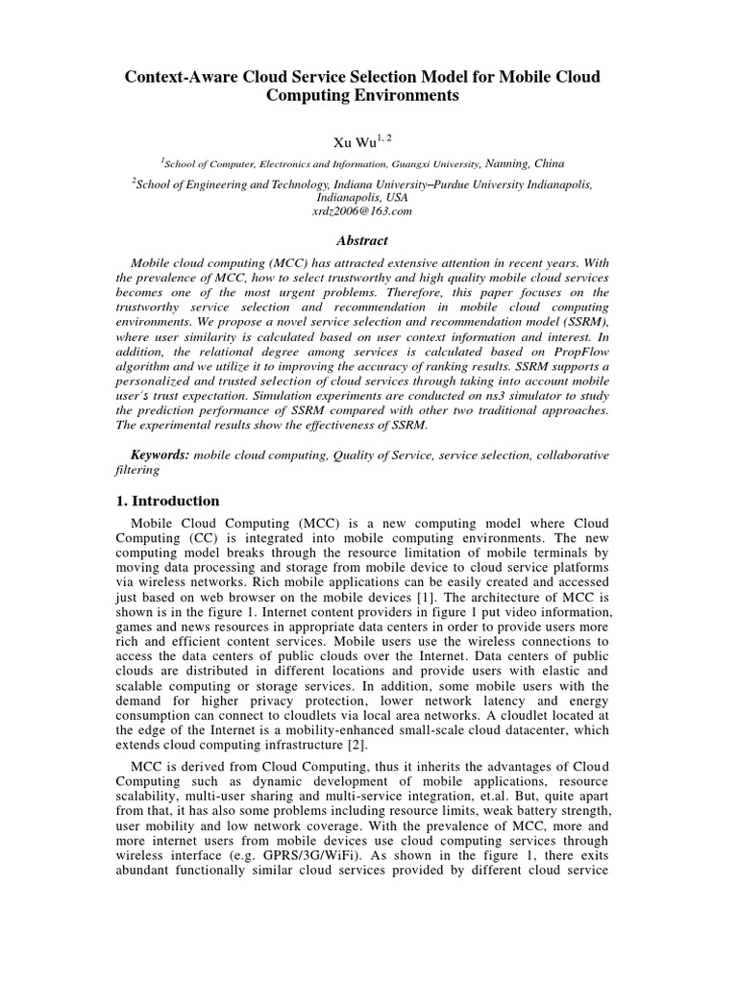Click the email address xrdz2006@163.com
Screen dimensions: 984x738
[x=369, y=210]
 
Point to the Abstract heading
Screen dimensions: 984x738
[x=369, y=241]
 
